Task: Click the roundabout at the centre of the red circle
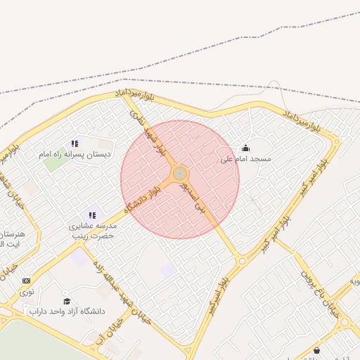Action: (x=180, y=173)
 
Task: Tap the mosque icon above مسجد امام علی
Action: (x=245, y=148)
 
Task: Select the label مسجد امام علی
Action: (x=245, y=160)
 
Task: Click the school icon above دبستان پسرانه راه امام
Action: (x=75, y=143)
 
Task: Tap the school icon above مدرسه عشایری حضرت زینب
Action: (x=91, y=215)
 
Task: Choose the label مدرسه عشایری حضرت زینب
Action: (x=91, y=231)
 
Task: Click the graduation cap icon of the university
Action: (x=67, y=301)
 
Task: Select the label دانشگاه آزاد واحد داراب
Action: (x=66, y=311)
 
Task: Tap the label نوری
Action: (x=27, y=290)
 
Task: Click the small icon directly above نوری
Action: (x=27, y=281)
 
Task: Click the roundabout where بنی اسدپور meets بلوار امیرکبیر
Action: (x=242, y=261)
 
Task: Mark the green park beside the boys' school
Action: (x=53, y=163)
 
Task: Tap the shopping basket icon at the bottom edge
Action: (x=316, y=350)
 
